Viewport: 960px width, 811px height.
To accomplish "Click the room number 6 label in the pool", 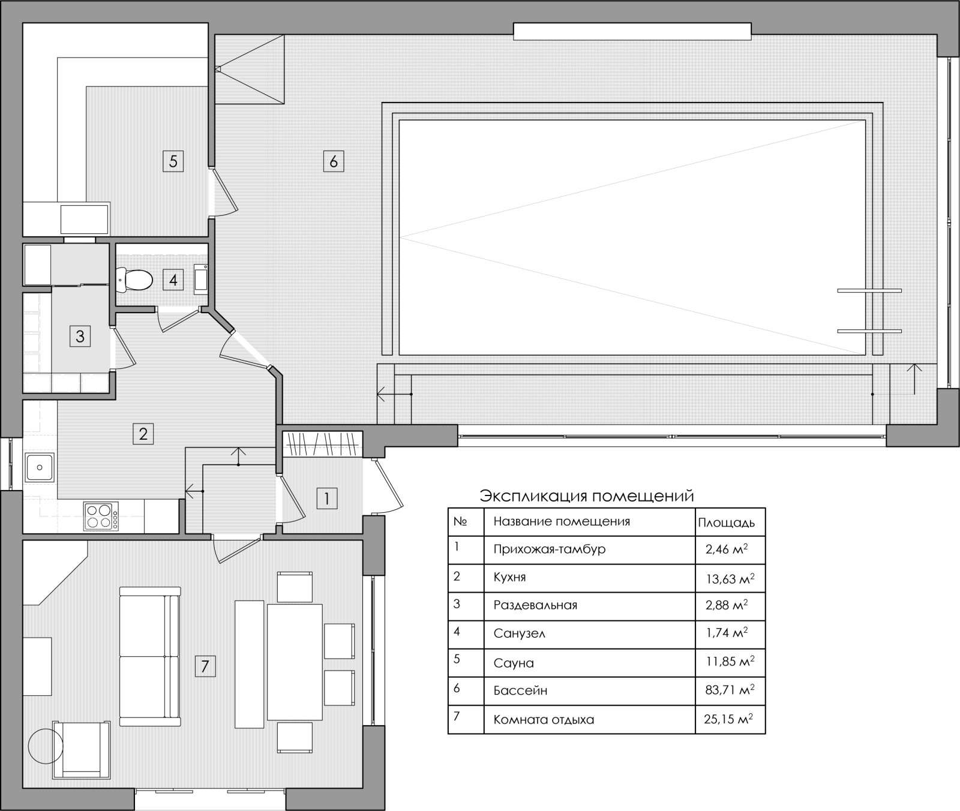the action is tap(334, 161).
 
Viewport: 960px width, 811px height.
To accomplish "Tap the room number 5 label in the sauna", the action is tap(173, 161).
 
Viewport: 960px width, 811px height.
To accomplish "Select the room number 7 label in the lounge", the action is tap(205, 666).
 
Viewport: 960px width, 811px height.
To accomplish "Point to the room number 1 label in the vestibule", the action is tap(327, 498).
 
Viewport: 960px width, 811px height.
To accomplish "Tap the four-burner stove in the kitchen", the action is tap(100, 516).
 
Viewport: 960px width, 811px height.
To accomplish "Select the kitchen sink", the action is tap(40, 467).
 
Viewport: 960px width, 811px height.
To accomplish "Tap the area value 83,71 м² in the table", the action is tap(730, 690).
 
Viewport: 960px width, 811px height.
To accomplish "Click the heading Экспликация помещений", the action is tap(587, 497).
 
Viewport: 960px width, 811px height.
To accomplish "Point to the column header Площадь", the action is tap(726, 522).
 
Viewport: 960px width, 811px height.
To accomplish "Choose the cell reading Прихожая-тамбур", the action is tap(550, 549).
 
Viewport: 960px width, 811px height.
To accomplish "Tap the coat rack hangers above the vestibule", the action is tap(322, 444).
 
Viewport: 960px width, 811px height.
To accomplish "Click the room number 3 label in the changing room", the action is tap(80, 336).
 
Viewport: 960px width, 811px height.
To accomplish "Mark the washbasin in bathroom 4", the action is tap(201, 280).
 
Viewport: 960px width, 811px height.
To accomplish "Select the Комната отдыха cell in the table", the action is tap(544, 719).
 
